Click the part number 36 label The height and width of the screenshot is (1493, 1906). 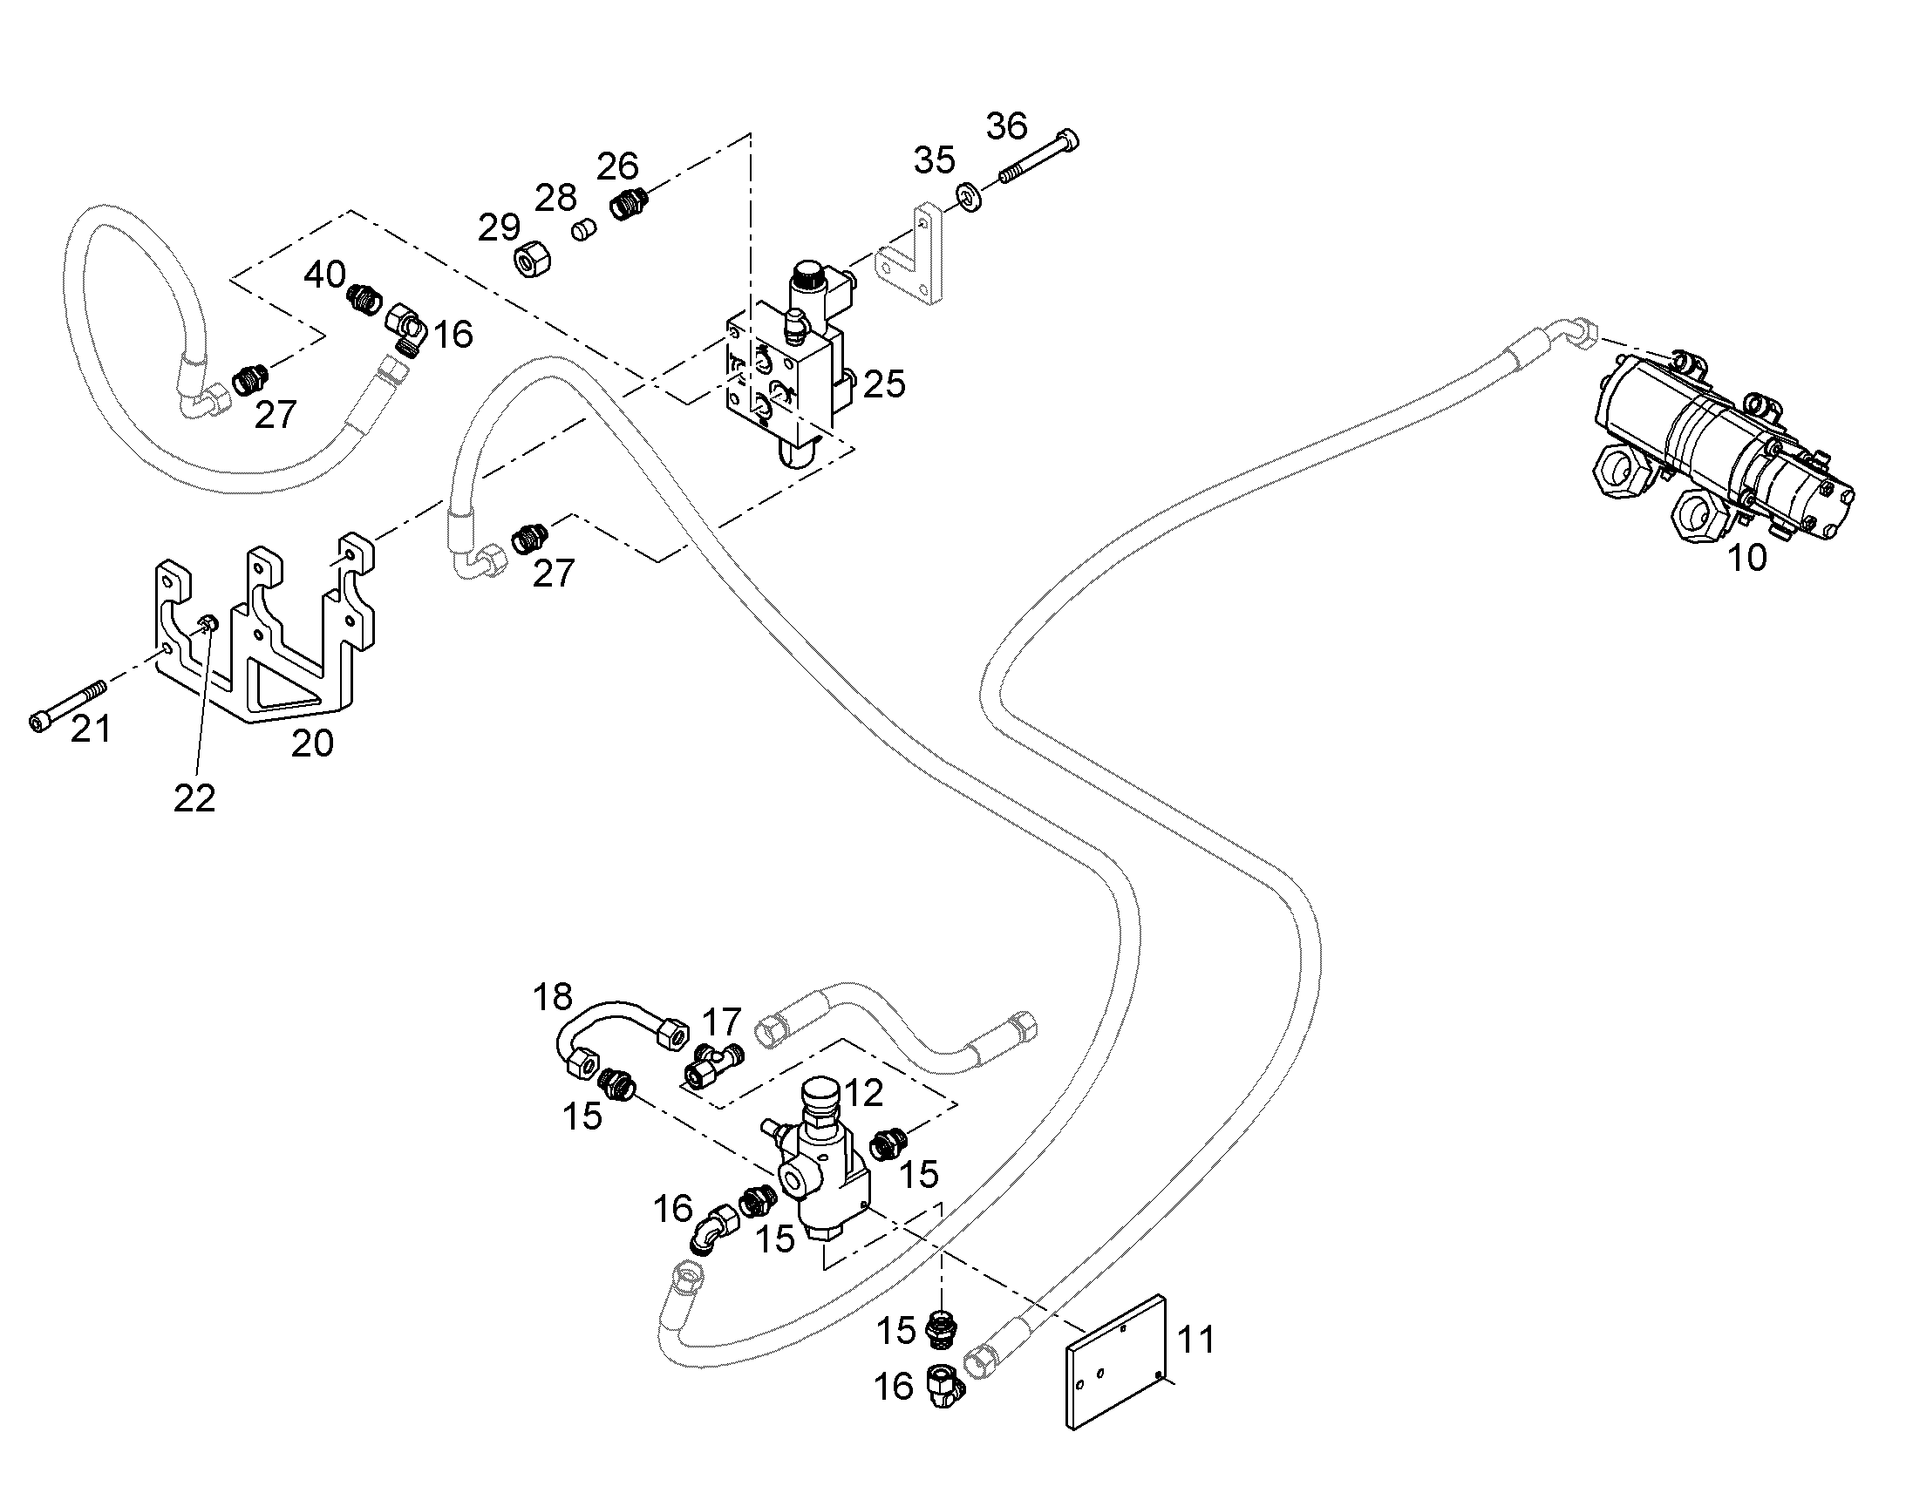[1006, 126]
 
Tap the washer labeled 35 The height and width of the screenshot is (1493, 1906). [970, 198]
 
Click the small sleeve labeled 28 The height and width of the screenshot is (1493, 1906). [582, 231]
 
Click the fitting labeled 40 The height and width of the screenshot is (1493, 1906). [364, 300]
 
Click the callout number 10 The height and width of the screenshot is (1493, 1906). [1746, 558]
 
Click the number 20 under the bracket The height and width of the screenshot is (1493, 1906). [312, 743]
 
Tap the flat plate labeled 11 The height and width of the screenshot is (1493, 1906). [1117, 1360]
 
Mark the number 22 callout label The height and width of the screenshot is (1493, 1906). [194, 797]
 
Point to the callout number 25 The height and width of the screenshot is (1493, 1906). [884, 384]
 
